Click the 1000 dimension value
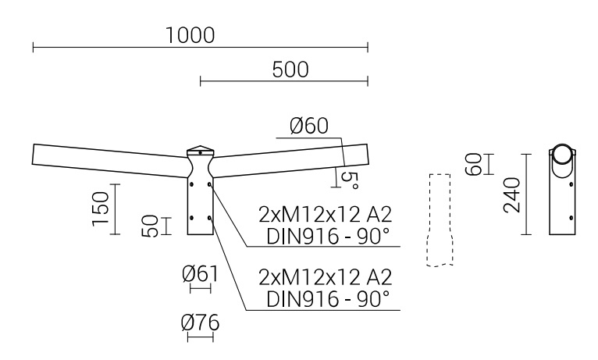(x=190, y=35)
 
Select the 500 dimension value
(x=290, y=69)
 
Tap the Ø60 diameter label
(x=310, y=127)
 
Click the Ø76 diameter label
(x=200, y=322)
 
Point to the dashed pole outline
(x=440, y=219)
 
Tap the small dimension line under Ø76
(x=201, y=337)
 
